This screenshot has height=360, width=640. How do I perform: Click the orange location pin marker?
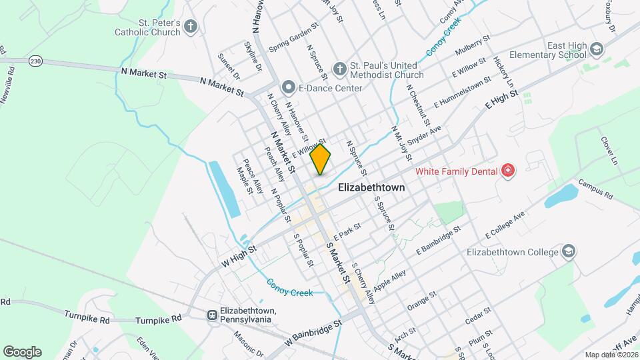(x=321, y=159)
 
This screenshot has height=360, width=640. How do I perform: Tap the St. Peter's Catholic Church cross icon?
(x=191, y=27)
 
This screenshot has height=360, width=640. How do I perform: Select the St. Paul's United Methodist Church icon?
(x=340, y=68)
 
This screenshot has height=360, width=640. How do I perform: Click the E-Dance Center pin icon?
(x=288, y=87)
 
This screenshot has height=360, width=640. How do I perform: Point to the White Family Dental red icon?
(x=508, y=171)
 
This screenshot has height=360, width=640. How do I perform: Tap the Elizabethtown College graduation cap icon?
(x=569, y=251)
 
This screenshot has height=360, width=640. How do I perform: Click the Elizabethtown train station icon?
(x=211, y=315)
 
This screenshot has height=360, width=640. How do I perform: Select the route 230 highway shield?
(x=36, y=61)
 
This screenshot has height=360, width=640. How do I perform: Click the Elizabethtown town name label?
(x=371, y=187)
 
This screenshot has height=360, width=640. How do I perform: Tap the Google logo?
(x=22, y=351)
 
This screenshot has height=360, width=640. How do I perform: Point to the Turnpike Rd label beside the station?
(x=158, y=319)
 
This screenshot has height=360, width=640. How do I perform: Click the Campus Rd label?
(x=595, y=189)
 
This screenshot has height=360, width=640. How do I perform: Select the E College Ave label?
(x=505, y=224)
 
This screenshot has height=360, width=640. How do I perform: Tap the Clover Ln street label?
(x=609, y=150)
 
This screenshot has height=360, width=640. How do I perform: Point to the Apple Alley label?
(x=390, y=276)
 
